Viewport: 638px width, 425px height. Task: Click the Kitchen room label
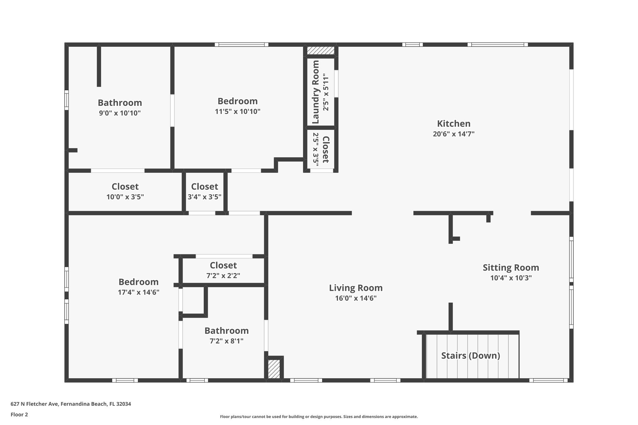(x=454, y=124)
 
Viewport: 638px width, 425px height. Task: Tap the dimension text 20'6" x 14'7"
(x=454, y=134)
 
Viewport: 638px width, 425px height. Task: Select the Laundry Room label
(x=316, y=92)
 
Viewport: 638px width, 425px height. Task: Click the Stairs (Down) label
(x=470, y=356)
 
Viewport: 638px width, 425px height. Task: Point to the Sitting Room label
(x=511, y=268)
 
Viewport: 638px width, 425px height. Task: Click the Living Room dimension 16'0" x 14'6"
(x=356, y=298)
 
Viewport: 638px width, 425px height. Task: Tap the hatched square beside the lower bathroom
(x=274, y=369)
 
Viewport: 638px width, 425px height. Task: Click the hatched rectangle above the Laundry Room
(x=321, y=50)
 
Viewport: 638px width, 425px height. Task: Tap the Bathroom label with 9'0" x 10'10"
(x=120, y=103)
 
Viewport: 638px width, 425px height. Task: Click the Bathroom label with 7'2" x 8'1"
(x=226, y=331)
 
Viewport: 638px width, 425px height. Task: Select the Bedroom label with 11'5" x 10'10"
(x=237, y=101)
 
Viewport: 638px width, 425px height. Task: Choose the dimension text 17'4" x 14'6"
(x=138, y=292)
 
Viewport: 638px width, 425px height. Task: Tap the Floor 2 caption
(x=19, y=414)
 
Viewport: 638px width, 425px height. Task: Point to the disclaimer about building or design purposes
(x=319, y=417)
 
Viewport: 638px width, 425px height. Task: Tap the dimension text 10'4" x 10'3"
(x=511, y=278)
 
